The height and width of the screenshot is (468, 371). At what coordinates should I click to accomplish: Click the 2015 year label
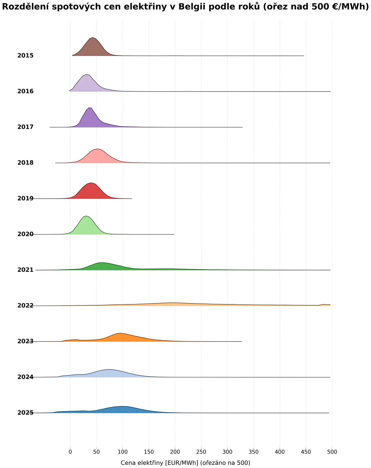pos(25,55)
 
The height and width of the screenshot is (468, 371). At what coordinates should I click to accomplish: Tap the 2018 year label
pos(25,163)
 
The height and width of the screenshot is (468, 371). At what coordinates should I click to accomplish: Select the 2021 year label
pos(25,270)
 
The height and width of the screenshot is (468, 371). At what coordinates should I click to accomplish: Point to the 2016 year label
pos(25,91)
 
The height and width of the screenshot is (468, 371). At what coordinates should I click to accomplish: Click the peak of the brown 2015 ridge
pos(93,38)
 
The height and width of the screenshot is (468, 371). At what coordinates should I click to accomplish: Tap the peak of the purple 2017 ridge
pos(90,108)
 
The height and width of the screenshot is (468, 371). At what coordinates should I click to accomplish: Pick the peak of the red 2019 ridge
pos(91,183)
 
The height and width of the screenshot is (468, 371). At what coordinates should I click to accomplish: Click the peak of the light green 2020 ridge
pos(86,216)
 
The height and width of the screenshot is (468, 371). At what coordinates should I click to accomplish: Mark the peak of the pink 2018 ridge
pos(98,149)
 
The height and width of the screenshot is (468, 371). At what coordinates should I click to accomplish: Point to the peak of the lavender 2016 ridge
pos(87,75)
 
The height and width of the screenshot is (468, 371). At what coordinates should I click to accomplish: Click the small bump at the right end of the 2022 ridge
pos(322,304)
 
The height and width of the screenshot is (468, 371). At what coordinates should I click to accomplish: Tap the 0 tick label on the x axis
pos(70,452)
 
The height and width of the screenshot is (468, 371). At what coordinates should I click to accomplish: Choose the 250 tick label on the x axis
pos(201,452)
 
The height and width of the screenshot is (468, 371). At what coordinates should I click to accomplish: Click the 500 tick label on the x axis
pos(332,452)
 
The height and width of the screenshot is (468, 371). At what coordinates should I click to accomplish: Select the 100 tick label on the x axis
pos(122,452)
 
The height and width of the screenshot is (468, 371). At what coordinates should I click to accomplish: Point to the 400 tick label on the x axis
pos(280,452)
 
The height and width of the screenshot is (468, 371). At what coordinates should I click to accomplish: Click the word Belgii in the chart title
pos(192,7)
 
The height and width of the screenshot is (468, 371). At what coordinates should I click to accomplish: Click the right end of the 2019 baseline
pos(132,199)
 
